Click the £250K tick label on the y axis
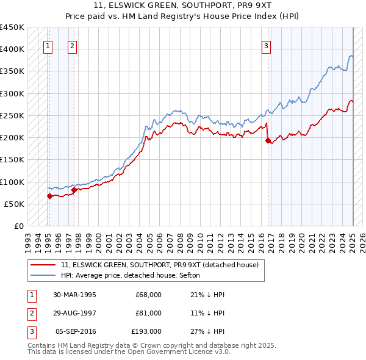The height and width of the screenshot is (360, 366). (12, 115)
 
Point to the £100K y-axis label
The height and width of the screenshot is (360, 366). (12, 182)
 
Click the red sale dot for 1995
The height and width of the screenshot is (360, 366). (50, 196)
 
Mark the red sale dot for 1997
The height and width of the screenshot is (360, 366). (74, 190)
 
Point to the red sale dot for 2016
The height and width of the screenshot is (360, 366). (268, 140)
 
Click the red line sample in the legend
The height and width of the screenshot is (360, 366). (44, 265)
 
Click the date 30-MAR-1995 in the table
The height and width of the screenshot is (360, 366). (74, 294)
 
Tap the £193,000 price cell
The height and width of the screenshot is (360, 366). (146, 332)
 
